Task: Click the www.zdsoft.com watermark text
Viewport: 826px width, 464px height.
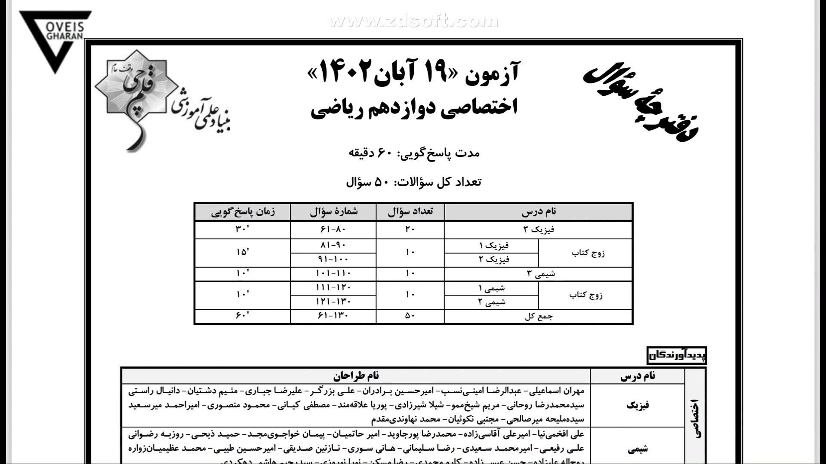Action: pyautogui.click(x=413, y=21)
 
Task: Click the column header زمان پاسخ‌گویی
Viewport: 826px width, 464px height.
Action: pyautogui.click(x=243, y=212)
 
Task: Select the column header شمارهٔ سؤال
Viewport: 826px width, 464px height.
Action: pyautogui.click(x=333, y=212)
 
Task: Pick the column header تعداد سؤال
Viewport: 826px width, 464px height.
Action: pyautogui.click(x=410, y=212)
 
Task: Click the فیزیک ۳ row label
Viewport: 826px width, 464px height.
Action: pyautogui.click(x=538, y=229)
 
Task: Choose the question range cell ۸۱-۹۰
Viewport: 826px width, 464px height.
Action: pyautogui.click(x=333, y=245)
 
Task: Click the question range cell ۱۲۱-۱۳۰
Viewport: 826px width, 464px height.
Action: pyautogui.click(x=333, y=302)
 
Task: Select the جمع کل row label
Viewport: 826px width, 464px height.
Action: pyautogui.click(x=539, y=317)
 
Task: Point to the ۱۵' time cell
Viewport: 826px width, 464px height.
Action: pyautogui.click(x=243, y=253)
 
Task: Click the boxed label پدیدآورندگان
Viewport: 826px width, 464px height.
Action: pyautogui.click(x=676, y=356)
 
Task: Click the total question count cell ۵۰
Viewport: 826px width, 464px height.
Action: pyautogui.click(x=410, y=316)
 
